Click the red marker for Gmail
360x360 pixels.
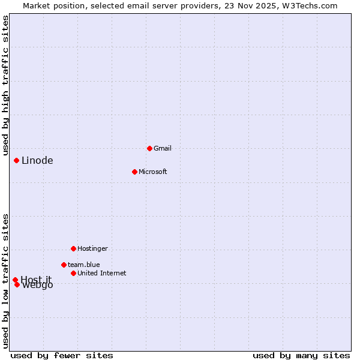[149, 148]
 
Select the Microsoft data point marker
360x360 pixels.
[134, 172]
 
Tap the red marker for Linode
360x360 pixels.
[16, 160]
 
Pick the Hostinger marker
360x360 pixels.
[73, 248]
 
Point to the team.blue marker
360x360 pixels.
[64, 265]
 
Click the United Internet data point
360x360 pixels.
[73, 273]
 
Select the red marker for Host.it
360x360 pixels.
[15, 280]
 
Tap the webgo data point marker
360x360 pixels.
[17, 284]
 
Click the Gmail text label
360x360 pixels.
[163, 148]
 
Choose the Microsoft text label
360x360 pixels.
[152, 172]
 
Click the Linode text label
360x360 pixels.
[37, 160]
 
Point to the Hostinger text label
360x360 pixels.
[92, 248]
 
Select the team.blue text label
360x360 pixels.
[83, 265]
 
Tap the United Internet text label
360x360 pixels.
[101, 273]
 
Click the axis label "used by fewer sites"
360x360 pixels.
[62, 355]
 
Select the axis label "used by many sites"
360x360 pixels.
[301, 355]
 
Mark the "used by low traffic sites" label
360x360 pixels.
[6, 281]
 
